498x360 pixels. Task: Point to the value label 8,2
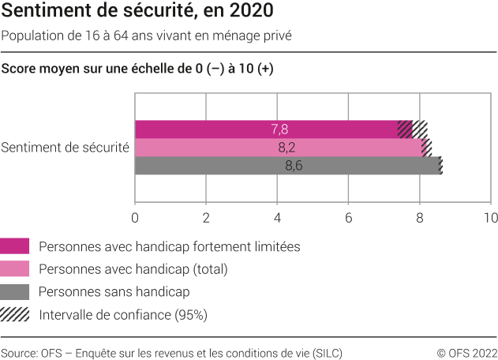286,148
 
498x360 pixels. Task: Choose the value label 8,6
293,166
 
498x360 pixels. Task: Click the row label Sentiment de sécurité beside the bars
66,148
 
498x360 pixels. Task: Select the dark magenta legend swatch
15,246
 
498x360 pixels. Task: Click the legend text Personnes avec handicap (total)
133,269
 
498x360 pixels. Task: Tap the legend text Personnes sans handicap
114,292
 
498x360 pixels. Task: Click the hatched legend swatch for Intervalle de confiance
15,315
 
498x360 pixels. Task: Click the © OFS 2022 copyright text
466,352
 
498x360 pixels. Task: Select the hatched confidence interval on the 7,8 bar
413,129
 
